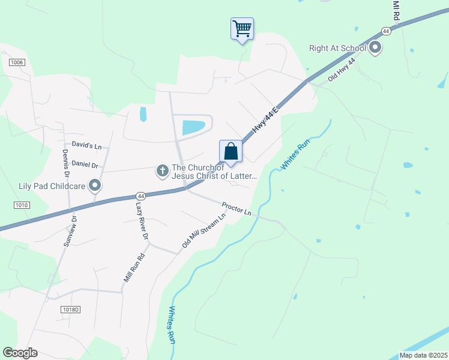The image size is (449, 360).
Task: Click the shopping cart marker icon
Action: tap(242, 28)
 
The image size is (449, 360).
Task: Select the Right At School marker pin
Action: tap(376, 47)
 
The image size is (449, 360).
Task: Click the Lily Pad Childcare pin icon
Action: tap(94, 185)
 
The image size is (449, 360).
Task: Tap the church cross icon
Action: tap(162, 172)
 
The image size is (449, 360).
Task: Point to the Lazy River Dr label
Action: tap(142, 220)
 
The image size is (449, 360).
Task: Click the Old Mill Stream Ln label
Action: tap(203, 231)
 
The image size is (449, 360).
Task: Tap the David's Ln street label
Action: tap(86, 145)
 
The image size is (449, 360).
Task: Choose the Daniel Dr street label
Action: tap(85, 163)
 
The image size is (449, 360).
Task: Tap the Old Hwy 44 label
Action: tap(342, 70)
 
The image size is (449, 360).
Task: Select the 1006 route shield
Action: tap(16, 62)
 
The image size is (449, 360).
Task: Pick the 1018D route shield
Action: tap(70, 310)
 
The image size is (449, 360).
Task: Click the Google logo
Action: tap(20, 353)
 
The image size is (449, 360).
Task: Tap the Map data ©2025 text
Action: tap(423, 355)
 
